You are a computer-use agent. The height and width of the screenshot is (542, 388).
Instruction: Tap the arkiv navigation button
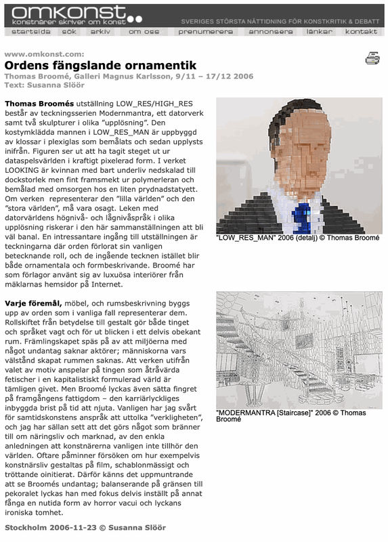point(100,32)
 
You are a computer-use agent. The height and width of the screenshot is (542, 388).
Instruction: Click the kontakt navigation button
point(362,32)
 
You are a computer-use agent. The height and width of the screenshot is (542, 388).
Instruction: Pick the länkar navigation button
point(319,32)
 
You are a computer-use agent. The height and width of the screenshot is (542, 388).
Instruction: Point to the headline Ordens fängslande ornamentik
point(100,66)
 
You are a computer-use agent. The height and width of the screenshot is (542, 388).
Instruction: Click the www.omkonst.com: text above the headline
point(44,54)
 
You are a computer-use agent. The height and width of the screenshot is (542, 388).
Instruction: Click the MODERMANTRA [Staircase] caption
point(291,416)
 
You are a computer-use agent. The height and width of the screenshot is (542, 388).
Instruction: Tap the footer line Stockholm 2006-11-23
point(85,527)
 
